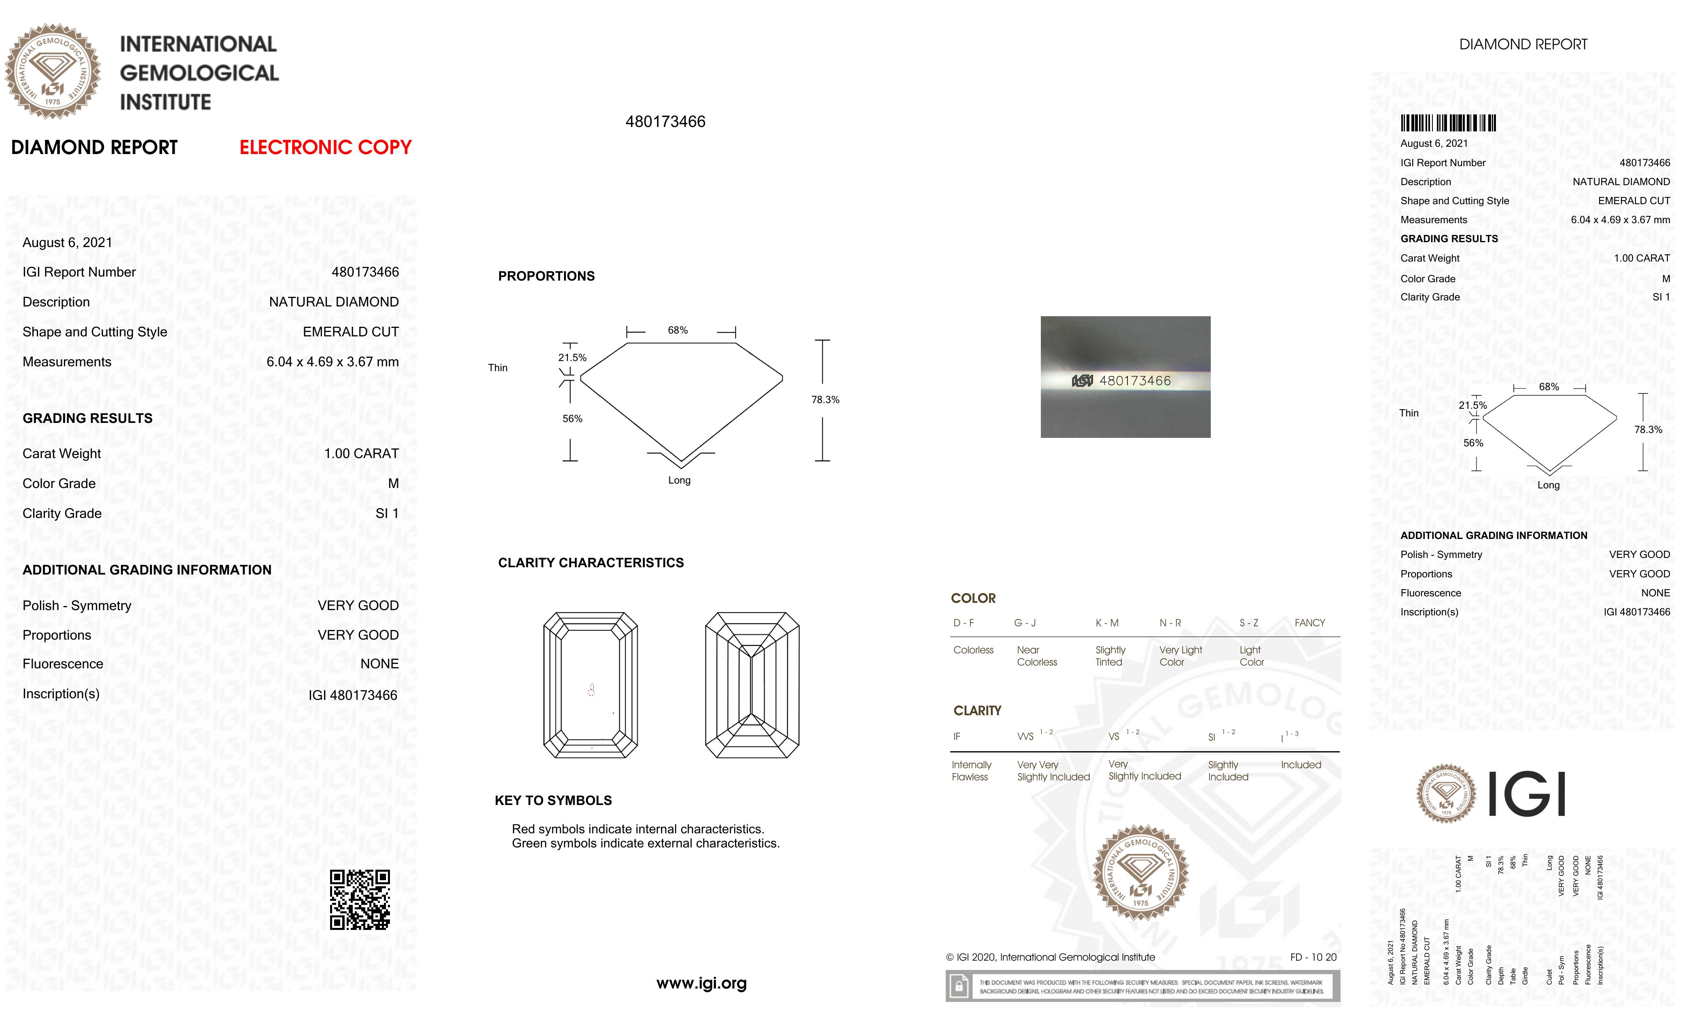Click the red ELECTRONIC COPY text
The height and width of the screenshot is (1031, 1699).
pos(326,148)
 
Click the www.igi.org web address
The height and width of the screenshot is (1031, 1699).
pos(701,983)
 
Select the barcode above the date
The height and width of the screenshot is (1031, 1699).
pos(1447,123)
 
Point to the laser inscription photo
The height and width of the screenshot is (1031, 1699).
pos(1125,377)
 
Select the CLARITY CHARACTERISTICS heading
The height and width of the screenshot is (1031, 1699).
pos(591,563)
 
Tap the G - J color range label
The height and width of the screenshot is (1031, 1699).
pos(1025,623)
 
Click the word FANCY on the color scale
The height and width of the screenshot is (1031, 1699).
pos(1309,623)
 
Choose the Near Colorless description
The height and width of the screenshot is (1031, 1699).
pos(1036,656)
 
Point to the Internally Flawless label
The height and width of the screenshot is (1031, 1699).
pos(971,771)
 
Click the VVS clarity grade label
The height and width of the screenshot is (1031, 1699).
pos(1025,737)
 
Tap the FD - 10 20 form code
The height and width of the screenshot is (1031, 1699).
pos(1313,957)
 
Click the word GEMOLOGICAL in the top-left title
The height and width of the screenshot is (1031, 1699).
pos(199,73)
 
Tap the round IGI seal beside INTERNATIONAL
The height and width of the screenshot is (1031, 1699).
pos(53,72)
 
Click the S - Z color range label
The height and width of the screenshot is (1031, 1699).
pos(1249,623)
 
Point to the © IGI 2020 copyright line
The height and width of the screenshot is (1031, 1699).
pos(1050,957)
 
